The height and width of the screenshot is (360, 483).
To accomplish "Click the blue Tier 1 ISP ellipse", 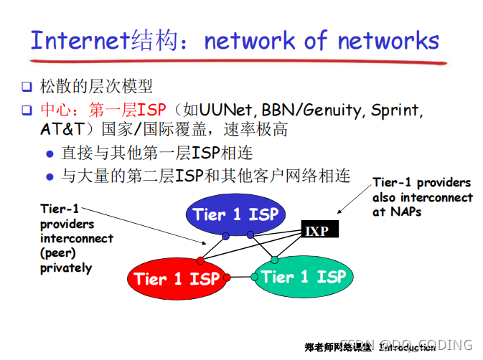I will (235, 214).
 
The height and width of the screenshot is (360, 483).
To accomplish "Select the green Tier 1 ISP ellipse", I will (304, 277).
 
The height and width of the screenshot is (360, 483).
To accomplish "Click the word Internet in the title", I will (80, 40).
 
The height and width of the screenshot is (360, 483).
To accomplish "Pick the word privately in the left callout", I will (65, 268).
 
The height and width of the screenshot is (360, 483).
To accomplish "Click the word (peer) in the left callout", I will (58, 253).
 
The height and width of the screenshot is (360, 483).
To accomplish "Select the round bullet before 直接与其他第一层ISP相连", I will (50, 154).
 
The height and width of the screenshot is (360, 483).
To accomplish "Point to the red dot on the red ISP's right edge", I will (227, 277).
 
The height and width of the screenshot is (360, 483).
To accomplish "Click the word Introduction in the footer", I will (407, 348).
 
